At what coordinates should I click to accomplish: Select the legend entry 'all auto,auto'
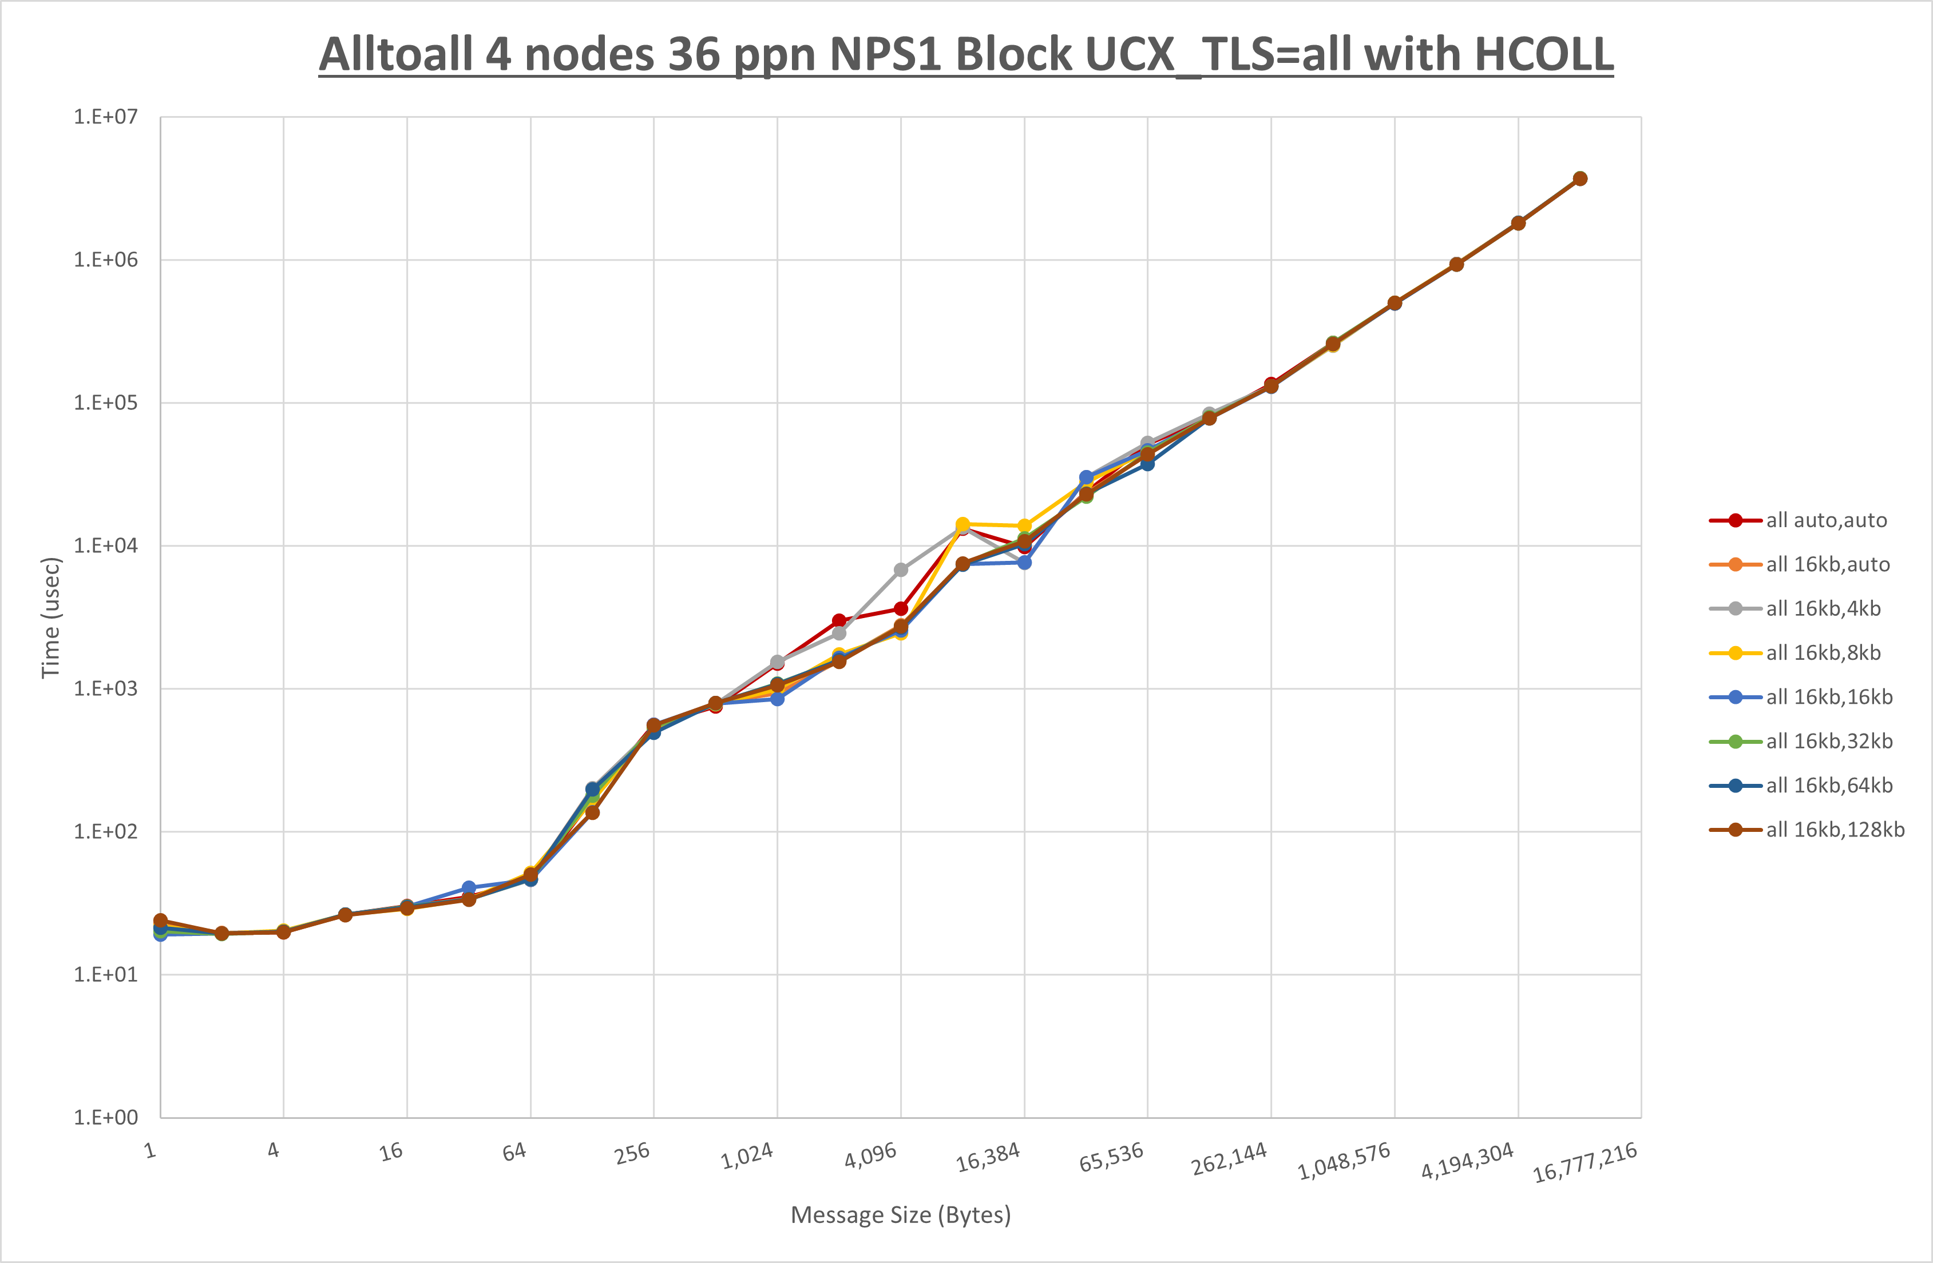coord(1826,520)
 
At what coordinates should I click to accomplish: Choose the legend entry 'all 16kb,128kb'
coord(1835,830)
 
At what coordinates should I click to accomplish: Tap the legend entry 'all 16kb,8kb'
coord(1823,652)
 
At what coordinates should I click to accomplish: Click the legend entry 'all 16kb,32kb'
coord(1829,741)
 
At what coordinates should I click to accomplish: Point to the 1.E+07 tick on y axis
coord(106,117)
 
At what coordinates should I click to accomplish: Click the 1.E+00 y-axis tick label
coord(106,1118)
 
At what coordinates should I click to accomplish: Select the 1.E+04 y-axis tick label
coord(106,545)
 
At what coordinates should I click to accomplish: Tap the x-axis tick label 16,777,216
coord(1584,1162)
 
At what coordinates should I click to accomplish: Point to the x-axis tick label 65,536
coord(1111,1157)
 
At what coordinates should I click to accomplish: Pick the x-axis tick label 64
coord(514,1151)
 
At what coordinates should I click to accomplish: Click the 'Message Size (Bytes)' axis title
coord(901,1215)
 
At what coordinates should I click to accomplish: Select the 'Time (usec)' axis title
coord(50,617)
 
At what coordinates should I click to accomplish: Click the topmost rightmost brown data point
coord(1580,178)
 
